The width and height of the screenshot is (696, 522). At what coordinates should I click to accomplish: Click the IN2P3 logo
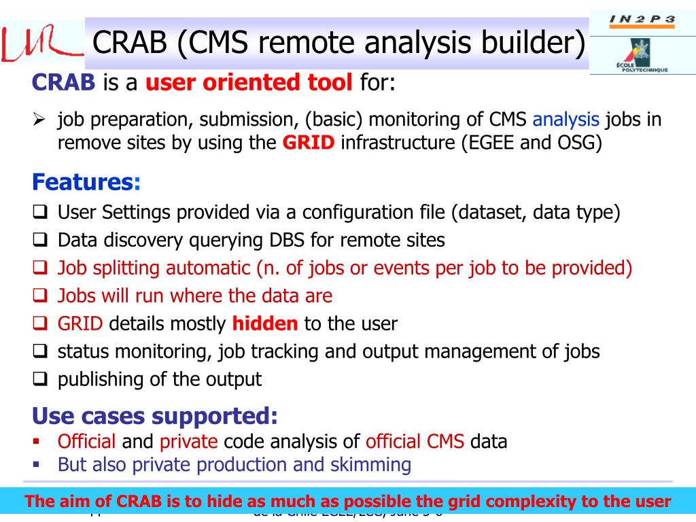pyautogui.click(x=642, y=19)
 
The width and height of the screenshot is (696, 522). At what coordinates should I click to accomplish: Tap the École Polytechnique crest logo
pyautogui.click(x=641, y=54)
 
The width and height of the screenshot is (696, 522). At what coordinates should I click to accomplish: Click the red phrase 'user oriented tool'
pyautogui.click(x=249, y=84)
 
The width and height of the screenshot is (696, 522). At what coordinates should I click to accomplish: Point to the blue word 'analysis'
pyautogui.click(x=565, y=120)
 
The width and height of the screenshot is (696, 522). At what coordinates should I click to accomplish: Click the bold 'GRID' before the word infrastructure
pyautogui.click(x=309, y=143)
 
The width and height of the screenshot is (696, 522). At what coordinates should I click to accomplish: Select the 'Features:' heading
pyautogui.click(x=86, y=183)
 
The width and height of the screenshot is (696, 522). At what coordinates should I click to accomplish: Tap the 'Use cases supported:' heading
pyautogui.click(x=155, y=415)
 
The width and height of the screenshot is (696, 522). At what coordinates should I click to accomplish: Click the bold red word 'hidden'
pyautogui.click(x=265, y=324)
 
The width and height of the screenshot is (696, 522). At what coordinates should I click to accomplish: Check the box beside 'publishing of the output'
pyautogui.click(x=39, y=380)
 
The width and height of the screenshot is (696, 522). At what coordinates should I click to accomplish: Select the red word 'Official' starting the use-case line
pyautogui.click(x=87, y=442)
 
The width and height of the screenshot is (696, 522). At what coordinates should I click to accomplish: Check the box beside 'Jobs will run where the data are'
pyautogui.click(x=39, y=296)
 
